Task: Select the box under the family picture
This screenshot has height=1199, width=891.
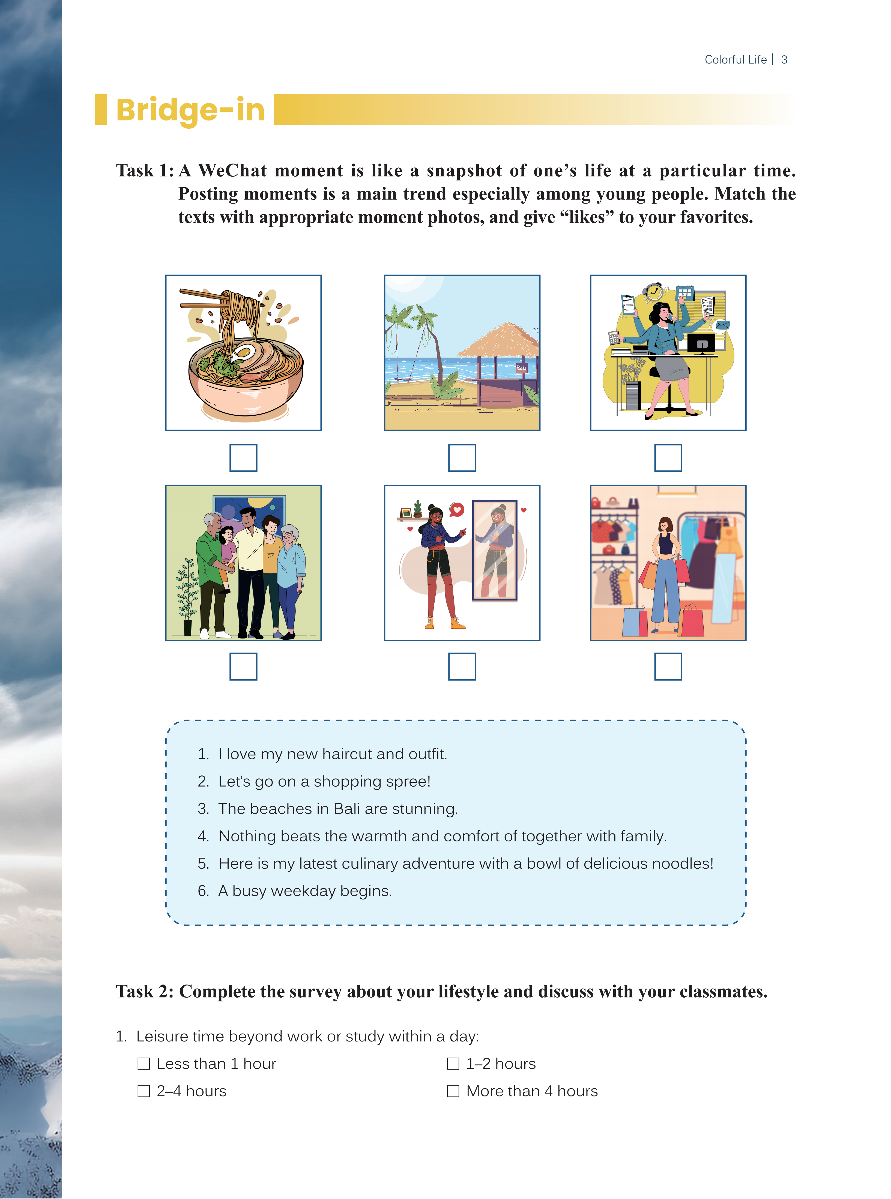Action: click(243, 667)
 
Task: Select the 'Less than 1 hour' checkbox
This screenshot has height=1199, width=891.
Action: click(143, 1064)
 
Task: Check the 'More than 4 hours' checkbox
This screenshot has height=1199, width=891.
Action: click(453, 1091)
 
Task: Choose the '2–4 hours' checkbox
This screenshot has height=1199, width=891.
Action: click(143, 1091)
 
